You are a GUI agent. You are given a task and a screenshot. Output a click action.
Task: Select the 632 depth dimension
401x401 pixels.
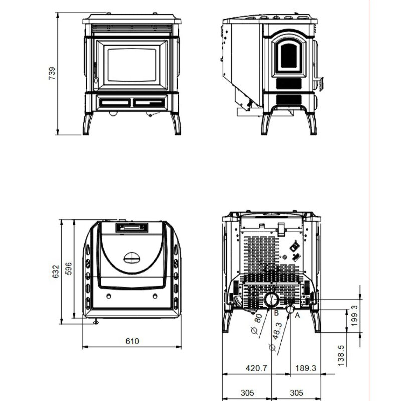(x=56, y=271)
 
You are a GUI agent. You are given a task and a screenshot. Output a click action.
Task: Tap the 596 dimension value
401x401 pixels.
(x=69, y=271)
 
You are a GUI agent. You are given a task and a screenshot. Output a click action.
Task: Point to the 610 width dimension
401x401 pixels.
(x=132, y=341)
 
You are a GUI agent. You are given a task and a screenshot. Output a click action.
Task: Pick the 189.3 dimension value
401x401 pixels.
(x=306, y=368)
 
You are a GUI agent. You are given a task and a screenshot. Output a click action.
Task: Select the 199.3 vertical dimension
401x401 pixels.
(x=355, y=315)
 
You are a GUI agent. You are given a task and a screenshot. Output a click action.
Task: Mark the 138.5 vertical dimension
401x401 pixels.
(x=341, y=355)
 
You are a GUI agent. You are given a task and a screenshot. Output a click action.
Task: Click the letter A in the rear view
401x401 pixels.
(x=297, y=315)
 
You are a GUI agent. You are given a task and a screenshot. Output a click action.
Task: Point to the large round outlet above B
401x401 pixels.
(x=271, y=300)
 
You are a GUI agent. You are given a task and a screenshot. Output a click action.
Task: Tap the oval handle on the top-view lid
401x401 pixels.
(x=132, y=258)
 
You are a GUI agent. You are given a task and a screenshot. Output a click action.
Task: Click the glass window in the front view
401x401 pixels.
(x=132, y=64)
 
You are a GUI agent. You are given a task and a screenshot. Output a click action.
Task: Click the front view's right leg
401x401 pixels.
(x=176, y=123)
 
